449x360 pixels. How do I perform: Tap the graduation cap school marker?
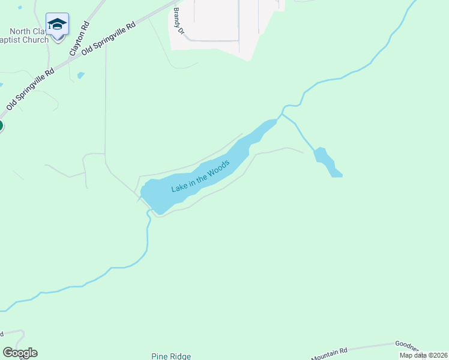pos(57,25)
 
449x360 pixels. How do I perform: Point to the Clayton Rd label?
pos(79,39)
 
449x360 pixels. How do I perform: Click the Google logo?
pos(20,353)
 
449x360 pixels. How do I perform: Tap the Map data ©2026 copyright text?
pos(423,355)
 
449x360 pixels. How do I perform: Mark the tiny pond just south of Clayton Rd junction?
pos(81,76)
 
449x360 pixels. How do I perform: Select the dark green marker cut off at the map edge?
pos(1,125)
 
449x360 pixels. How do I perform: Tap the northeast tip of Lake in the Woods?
pos(274,121)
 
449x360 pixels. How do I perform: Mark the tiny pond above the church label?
pos(19,8)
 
